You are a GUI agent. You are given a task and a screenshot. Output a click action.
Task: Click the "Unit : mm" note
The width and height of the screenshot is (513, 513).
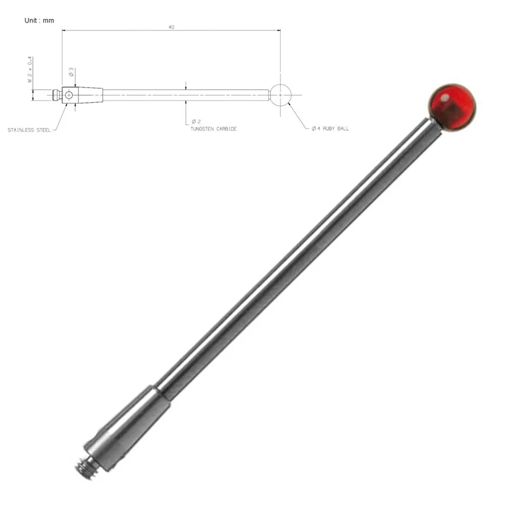tap(39, 20)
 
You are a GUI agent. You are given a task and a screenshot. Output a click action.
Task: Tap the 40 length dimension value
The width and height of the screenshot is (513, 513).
tap(171, 27)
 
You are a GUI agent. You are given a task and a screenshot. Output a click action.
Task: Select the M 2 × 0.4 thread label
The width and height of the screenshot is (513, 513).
tap(30, 69)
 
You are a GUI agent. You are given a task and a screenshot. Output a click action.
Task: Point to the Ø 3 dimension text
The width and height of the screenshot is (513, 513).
tap(71, 72)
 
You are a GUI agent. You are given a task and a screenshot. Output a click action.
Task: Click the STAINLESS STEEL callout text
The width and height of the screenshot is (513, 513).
tap(29, 130)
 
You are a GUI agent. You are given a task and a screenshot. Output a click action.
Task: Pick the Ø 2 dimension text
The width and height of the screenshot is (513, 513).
tap(196, 121)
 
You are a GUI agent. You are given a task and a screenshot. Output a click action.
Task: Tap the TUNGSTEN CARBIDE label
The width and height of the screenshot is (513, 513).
tap(213, 129)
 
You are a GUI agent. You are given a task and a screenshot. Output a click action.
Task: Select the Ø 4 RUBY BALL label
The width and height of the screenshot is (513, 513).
tap(330, 129)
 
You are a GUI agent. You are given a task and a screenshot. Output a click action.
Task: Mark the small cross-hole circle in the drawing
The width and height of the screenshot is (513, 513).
tap(69, 95)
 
